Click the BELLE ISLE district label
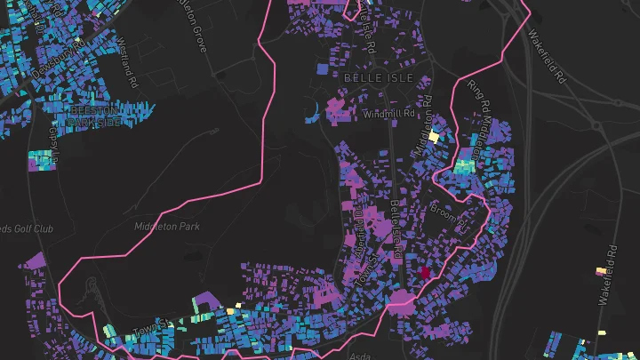[372, 78]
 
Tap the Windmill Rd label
[390, 114]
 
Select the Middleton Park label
[167, 227]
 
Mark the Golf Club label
[27, 229]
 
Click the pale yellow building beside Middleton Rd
[434, 137]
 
